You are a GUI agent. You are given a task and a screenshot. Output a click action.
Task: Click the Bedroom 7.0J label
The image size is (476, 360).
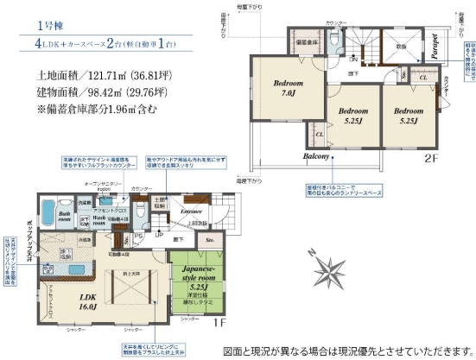[287, 88]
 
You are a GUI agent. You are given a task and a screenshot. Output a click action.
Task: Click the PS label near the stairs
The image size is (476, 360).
[139, 234]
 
